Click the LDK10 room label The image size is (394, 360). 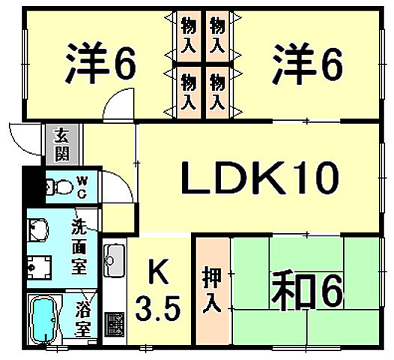pyautogui.click(x=260, y=178)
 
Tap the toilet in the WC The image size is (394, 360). pyautogui.click(x=59, y=187)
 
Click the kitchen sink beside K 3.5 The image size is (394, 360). pyautogui.click(x=115, y=260)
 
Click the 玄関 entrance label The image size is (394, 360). pyautogui.click(x=62, y=144)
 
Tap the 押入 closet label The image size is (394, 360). pyautogui.click(x=212, y=289)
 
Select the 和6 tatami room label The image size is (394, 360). pyautogui.click(x=307, y=291)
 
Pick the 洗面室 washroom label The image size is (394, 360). pyautogui.click(x=79, y=247)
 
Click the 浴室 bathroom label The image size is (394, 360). pyautogui.click(x=83, y=319)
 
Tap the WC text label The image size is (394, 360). pyautogui.click(x=82, y=187)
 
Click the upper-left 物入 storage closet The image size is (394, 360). pyautogui.click(x=189, y=35)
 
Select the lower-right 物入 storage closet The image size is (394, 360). pyautogui.click(x=217, y=92)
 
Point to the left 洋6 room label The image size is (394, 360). pyautogui.click(x=101, y=62)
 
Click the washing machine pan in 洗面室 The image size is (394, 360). pyautogui.click(x=39, y=268)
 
